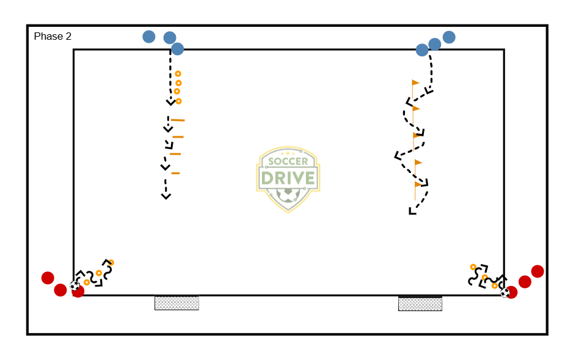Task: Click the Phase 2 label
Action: tap(53, 37)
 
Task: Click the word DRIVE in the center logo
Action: tap(288, 178)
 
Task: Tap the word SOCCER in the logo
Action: tap(288, 161)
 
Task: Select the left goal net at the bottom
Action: tap(177, 303)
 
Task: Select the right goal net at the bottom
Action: tap(420, 303)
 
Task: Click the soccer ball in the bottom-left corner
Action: tap(75, 285)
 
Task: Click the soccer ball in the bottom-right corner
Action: tap(505, 293)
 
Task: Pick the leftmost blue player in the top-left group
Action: tap(149, 37)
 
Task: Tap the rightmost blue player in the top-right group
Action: tap(449, 37)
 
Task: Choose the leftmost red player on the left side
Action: tap(48, 278)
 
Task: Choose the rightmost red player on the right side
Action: tap(538, 271)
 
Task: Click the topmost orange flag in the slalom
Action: tap(415, 83)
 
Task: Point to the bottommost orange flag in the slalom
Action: tap(418, 184)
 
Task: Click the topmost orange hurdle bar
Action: tap(178, 120)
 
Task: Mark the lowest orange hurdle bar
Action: tap(175, 174)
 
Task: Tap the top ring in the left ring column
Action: tap(178, 74)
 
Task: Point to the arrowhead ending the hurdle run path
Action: tap(166, 196)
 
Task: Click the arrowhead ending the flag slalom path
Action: tap(412, 211)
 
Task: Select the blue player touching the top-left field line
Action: tap(177, 49)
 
